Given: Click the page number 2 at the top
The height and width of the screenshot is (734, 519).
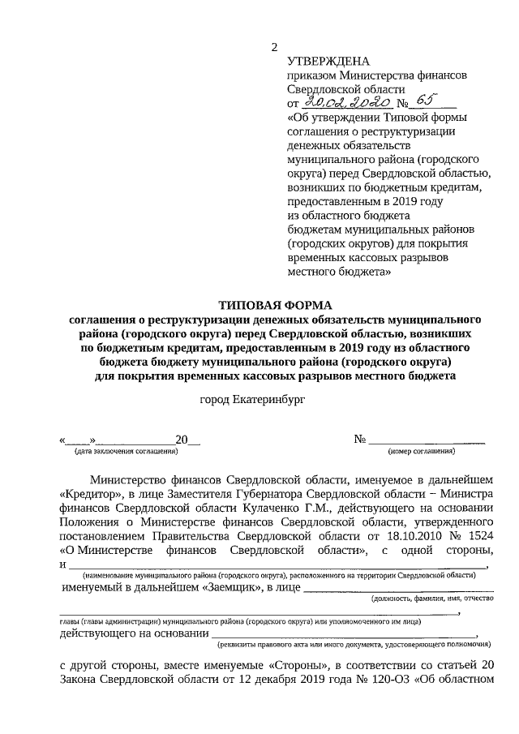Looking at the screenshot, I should pyautogui.click(x=275, y=47).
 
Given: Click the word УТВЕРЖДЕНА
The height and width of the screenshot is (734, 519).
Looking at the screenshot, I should pyautogui.click(x=328, y=62).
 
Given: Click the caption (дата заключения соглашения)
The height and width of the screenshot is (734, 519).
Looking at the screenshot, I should pyautogui.click(x=126, y=451).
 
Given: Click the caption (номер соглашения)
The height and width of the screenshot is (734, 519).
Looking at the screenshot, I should pyautogui.click(x=422, y=451).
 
